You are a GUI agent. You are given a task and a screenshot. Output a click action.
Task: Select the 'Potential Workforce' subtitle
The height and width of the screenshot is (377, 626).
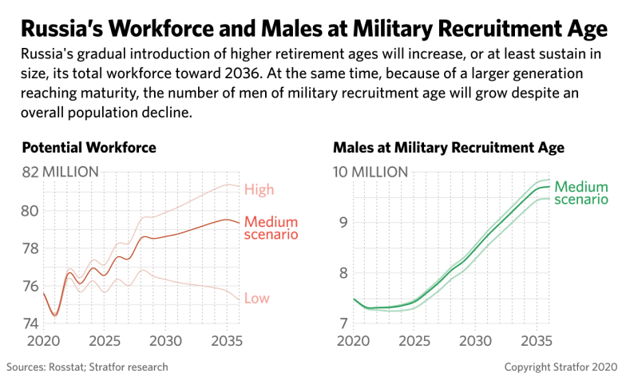[x=89, y=149]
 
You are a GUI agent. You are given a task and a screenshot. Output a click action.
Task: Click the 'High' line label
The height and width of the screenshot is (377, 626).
[x=260, y=190]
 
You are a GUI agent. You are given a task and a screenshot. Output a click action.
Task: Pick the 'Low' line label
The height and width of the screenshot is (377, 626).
[x=256, y=299]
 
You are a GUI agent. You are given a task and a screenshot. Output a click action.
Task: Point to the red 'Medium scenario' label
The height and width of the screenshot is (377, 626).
[x=271, y=228]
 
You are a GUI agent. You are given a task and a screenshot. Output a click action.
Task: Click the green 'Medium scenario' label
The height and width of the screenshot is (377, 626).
[x=581, y=192]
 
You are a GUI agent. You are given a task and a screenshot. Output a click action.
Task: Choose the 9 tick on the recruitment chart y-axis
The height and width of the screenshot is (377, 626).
[x=344, y=222]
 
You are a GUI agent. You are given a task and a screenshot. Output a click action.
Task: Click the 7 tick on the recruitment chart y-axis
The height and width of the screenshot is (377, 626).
[x=344, y=323]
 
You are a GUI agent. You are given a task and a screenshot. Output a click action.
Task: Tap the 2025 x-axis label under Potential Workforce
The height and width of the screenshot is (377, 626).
[x=105, y=340]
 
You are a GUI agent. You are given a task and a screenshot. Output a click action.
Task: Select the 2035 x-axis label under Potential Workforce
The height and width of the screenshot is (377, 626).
[x=224, y=340]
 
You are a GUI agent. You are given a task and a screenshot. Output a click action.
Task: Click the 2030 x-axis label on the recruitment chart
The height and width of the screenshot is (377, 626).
[x=474, y=340]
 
